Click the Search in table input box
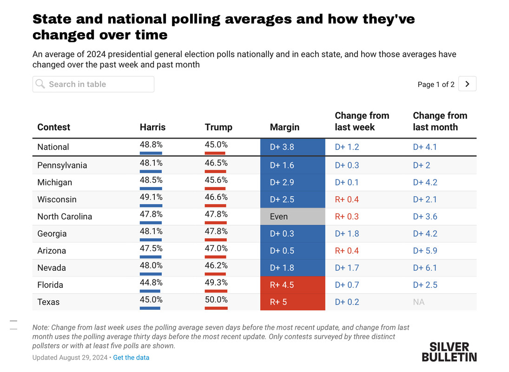click(93, 84)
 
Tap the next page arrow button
click(467, 84)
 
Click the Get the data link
click(131, 358)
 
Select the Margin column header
click(284, 127)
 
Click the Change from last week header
click(362, 121)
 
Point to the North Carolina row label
click(65, 216)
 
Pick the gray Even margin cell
click(292, 216)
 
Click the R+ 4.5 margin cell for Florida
click(292, 285)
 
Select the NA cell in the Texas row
click(418, 302)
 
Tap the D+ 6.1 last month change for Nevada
click(425, 267)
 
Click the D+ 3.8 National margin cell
click(292, 147)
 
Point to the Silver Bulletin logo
click(449, 352)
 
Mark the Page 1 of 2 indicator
click(436, 84)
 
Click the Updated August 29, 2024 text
click(69, 358)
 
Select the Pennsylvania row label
click(62, 165)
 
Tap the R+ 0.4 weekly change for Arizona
click(347, 251)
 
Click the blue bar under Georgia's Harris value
click(151, 239)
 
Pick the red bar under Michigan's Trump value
click(215, 188)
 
